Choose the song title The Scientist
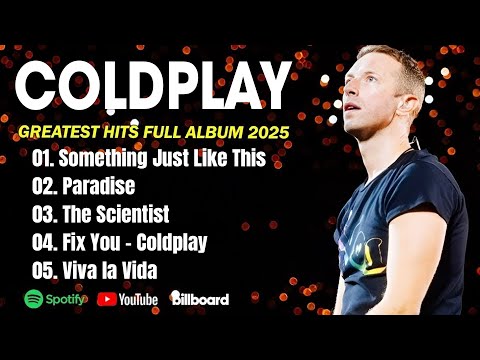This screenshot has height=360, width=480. click(115, 214)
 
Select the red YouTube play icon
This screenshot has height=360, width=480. click(105, 298)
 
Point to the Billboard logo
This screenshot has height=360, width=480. click(200, 298)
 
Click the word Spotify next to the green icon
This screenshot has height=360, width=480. click(64, 298)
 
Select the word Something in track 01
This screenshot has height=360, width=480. click(101, 159)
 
